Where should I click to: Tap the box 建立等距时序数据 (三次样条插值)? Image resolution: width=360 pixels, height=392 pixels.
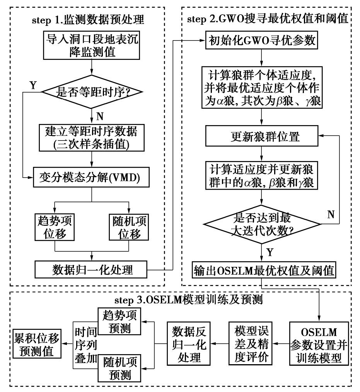click(x=91, y=137)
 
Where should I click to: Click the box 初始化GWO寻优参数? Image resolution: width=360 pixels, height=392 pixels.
click(x=262, y=41)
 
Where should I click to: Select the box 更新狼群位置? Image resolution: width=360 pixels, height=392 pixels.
click(x=262, y=136)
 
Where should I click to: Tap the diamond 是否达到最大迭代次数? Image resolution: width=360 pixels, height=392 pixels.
click(x=263, y=223)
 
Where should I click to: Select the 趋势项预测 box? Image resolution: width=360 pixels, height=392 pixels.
click(x=119, y=321)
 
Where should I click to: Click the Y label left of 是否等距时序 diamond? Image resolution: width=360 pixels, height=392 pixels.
click(x=33, y=85)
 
